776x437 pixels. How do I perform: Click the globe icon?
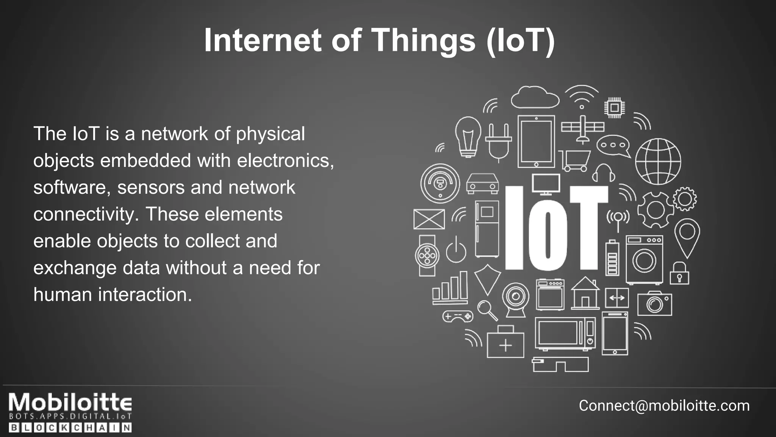pyautogui.click(x=658, y=161)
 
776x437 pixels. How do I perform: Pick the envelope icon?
pyautogui.click(x=429, y=219)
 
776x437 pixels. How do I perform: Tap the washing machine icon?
pyautogui.click(x=644, y=260)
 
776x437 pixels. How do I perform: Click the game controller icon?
pyautogui.click(x=458, y=316)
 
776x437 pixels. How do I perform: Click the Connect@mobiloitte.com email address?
pyautogui.click(x=664, y=406)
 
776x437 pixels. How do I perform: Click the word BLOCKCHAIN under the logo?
pyautogui.click(x=70, y=428)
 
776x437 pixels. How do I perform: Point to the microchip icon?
pyautogui.click(x=614, y=108)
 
